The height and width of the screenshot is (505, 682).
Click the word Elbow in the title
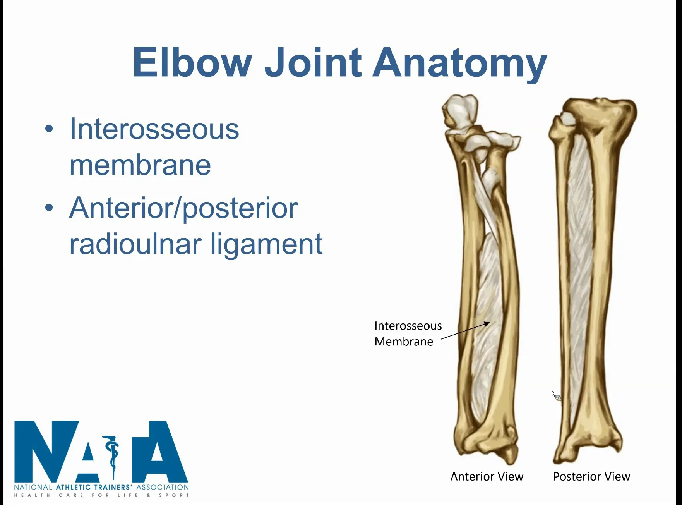tap(192, 63)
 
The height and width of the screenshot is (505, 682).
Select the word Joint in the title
tap(313, 63)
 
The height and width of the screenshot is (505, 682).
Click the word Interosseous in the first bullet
tap(154, 129)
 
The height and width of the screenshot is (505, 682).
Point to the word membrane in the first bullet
tap(140, 165)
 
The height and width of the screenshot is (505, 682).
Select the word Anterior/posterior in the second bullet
tap(183, 209)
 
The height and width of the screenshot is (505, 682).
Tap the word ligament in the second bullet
tap(267, 245)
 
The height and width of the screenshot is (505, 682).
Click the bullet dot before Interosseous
tap(49, 129)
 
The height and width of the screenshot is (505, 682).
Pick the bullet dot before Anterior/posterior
tap(49, 208)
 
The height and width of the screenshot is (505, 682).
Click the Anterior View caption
tap(487, 476)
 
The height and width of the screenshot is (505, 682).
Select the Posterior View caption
tap(591, 476)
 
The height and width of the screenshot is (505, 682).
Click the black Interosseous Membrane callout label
tap(408, 333)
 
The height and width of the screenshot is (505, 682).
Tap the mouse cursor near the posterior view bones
tap(555, 394)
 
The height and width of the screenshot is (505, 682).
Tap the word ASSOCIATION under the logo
tap(163, 487)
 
